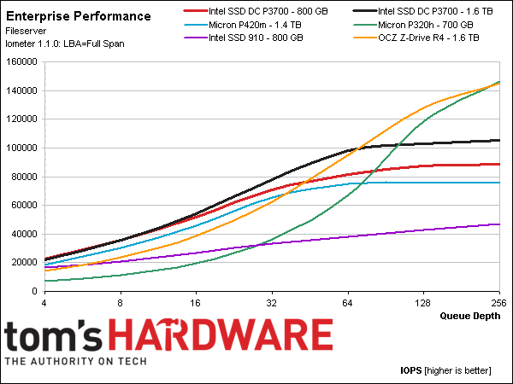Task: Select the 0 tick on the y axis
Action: [36, 291]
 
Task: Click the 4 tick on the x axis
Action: [44, 302]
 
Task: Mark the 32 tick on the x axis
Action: [272, 302]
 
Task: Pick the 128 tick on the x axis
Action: [423, 302]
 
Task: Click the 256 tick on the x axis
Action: [498, 302]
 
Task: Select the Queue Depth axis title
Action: [470, 315]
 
